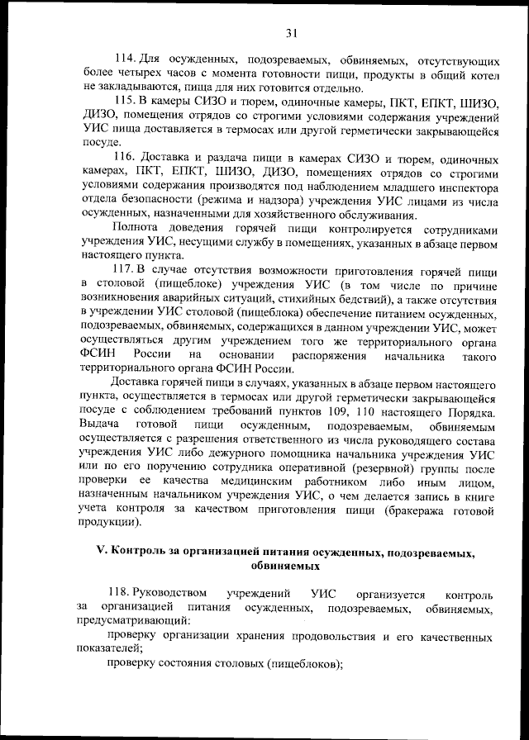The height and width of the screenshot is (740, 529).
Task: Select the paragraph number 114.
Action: coord(124,60)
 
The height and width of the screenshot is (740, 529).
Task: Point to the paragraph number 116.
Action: coord(124,157)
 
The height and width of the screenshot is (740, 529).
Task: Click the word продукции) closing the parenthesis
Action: coord(110,523)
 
